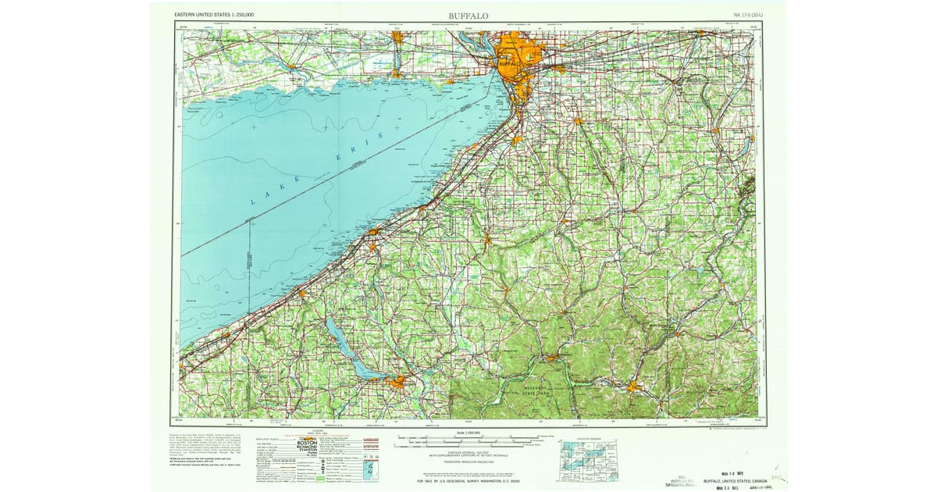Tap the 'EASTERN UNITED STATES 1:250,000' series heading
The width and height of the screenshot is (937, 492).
tap(220, 14)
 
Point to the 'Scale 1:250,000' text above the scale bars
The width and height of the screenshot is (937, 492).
tap(468, 433)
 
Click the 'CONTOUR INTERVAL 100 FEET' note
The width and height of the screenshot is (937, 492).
tap(468, 451)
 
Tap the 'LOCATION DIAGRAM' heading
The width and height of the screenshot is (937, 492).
tap(588, 437)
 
